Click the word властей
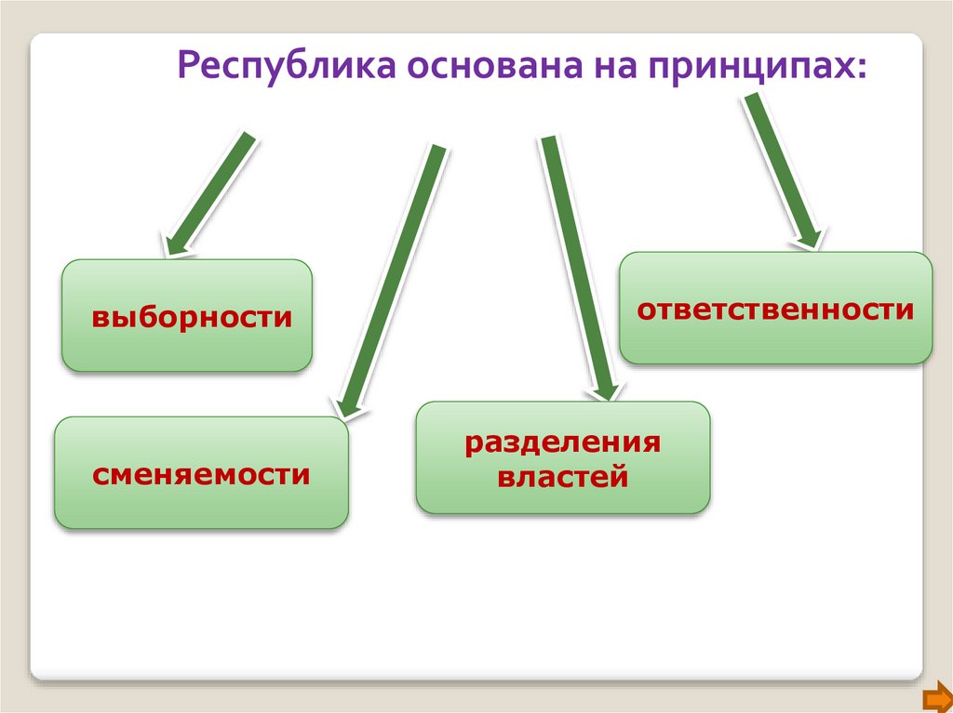[x=562, y=478]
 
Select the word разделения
[x=562, y=442]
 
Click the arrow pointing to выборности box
[x=212, y=191]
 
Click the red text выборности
[x=192, y=317]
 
